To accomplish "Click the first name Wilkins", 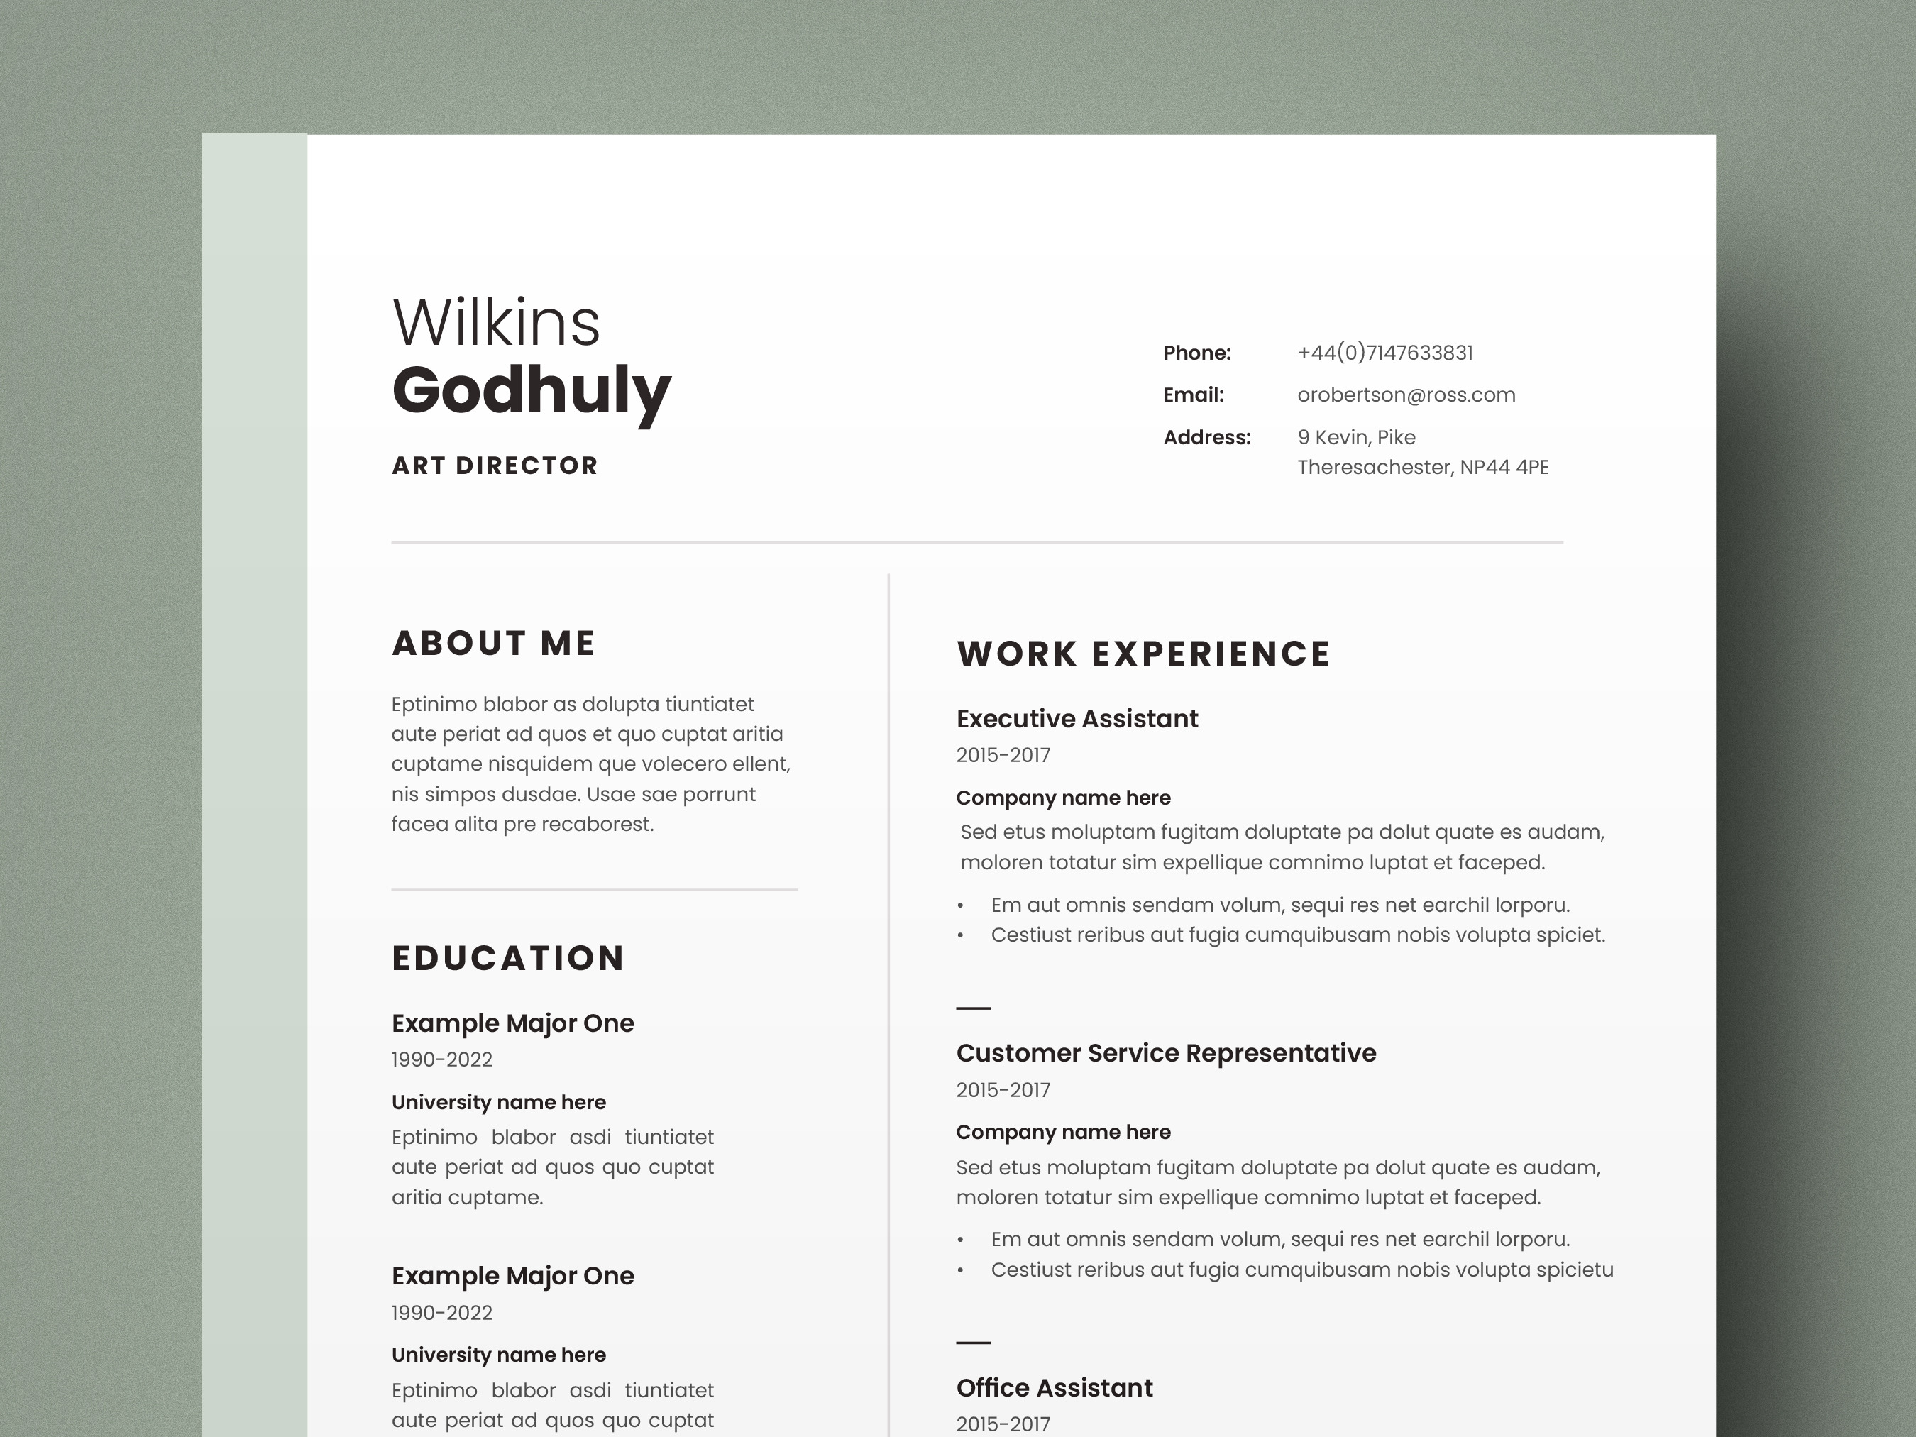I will point(495,322).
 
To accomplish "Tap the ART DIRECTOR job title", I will point(495,466).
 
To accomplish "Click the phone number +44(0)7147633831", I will point(1384,353).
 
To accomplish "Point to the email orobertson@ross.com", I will point(1406,395).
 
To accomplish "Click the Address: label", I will point(1206,437).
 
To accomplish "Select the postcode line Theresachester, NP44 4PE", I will point(1422,468).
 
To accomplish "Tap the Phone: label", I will point(1196,353).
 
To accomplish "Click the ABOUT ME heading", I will point(494,643).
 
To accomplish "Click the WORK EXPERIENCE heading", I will point(1143,654).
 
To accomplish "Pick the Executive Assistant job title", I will point(1077,719).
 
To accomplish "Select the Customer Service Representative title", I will point(1166,1053).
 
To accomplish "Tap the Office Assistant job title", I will point(1054,1387).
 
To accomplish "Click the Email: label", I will point(1193,395).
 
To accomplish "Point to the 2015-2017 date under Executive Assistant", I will point(1003,755).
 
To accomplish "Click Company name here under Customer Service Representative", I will point(1063,1132).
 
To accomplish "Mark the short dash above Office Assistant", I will point(974,1343).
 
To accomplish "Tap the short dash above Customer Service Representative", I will point(974,1008).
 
